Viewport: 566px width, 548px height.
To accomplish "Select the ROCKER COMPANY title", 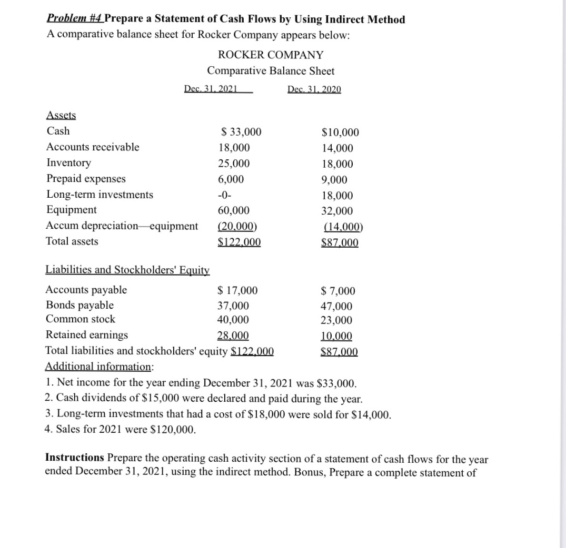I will (x=271, y=55).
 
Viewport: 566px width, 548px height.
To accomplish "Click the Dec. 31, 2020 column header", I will (x=314, y=89).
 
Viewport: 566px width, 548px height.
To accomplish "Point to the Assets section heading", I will (x=61, y=115).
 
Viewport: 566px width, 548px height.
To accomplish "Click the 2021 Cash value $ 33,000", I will (x=241, y=131).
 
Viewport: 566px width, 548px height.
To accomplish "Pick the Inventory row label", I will (x=68, y=163).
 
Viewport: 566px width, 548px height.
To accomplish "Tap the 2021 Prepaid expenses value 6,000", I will (x=231, y=179).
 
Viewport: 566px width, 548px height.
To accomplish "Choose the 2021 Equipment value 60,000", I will (x=234, y=210).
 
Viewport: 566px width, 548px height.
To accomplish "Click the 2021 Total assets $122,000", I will (x=239, y=242).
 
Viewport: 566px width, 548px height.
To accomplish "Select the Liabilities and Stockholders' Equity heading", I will (x=127, y=270).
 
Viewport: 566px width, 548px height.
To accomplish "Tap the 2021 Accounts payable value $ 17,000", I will (x=238, y=290).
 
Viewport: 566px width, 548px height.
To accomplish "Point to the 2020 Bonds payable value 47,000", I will (x=337, y=307).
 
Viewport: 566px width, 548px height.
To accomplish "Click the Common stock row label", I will (x=81, y=319).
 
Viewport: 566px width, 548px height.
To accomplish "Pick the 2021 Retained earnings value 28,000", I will (x=233, y=336).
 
